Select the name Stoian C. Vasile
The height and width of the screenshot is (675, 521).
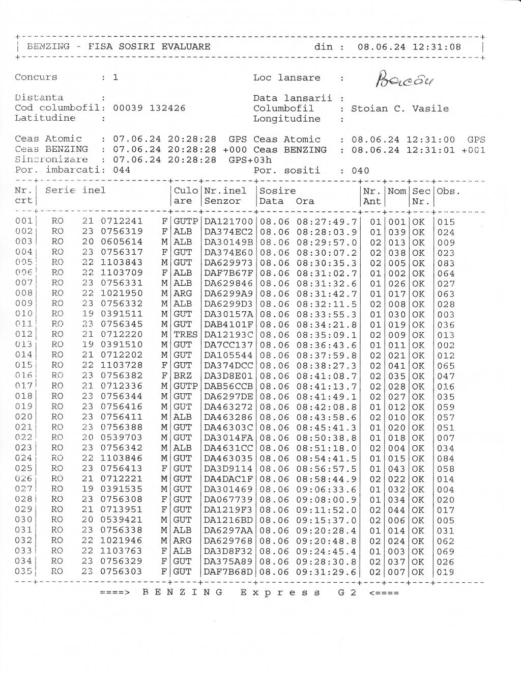click(400, 109)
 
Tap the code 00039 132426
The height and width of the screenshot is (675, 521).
click(149, 108)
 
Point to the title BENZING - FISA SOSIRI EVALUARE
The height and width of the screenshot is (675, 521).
click(119, 47)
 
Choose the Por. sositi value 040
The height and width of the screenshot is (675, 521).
click(360, 171)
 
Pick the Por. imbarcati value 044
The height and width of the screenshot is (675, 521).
click(122, 170)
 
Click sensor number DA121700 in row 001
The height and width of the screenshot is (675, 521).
click(228, 222)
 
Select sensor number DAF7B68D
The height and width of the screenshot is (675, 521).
click(228, 572)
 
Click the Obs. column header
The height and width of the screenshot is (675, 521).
click(449, 191)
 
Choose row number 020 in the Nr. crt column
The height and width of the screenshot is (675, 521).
click(24, 417)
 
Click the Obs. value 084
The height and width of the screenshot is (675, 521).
click(446, 458)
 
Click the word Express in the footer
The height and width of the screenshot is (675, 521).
click(280, 592)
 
